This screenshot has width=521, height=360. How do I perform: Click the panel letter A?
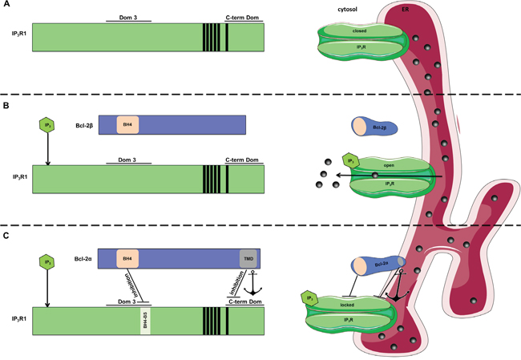click(x=6, y=6)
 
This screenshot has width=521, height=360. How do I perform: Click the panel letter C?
click(x=6, y=236)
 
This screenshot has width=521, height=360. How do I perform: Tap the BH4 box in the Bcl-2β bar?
click(x=127, y=124)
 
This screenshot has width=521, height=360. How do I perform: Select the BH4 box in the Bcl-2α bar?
click(x=127, y=258)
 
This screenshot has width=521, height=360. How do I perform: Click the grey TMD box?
click(x=248, y=258)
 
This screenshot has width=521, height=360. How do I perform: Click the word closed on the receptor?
click(x=358, y=30)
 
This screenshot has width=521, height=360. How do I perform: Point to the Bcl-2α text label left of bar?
click(x=83, y=259)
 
